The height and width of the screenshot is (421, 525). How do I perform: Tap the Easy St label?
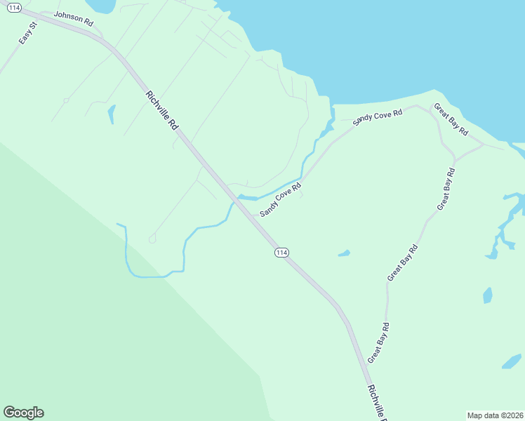[27, 35]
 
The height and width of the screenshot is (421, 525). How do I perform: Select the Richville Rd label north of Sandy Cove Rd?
[161, 110]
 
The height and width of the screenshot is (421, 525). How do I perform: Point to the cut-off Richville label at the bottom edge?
[377, 403]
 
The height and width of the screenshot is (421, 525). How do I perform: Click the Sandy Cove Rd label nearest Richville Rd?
[280, 199]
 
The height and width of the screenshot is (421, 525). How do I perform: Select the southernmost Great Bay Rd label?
[378, 342]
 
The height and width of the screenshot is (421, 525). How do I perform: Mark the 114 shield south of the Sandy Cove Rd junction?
[281, 253]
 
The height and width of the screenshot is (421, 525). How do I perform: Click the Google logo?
[23, 413]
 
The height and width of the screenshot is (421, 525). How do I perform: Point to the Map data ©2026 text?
[496, 415]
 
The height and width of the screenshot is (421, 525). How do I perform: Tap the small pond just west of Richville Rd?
[111, 114]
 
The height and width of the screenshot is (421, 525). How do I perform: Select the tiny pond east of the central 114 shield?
[344, 253]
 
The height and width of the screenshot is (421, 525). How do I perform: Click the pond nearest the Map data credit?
[511, 362]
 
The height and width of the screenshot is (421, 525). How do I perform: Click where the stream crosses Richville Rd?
[236, 199]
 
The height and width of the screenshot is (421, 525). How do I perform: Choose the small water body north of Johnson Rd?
[102, 6]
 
